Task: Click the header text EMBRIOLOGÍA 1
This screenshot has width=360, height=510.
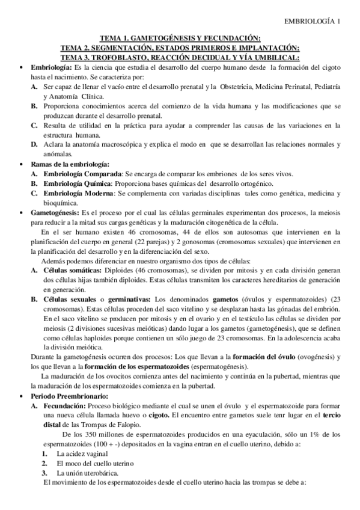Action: (313, 22)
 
